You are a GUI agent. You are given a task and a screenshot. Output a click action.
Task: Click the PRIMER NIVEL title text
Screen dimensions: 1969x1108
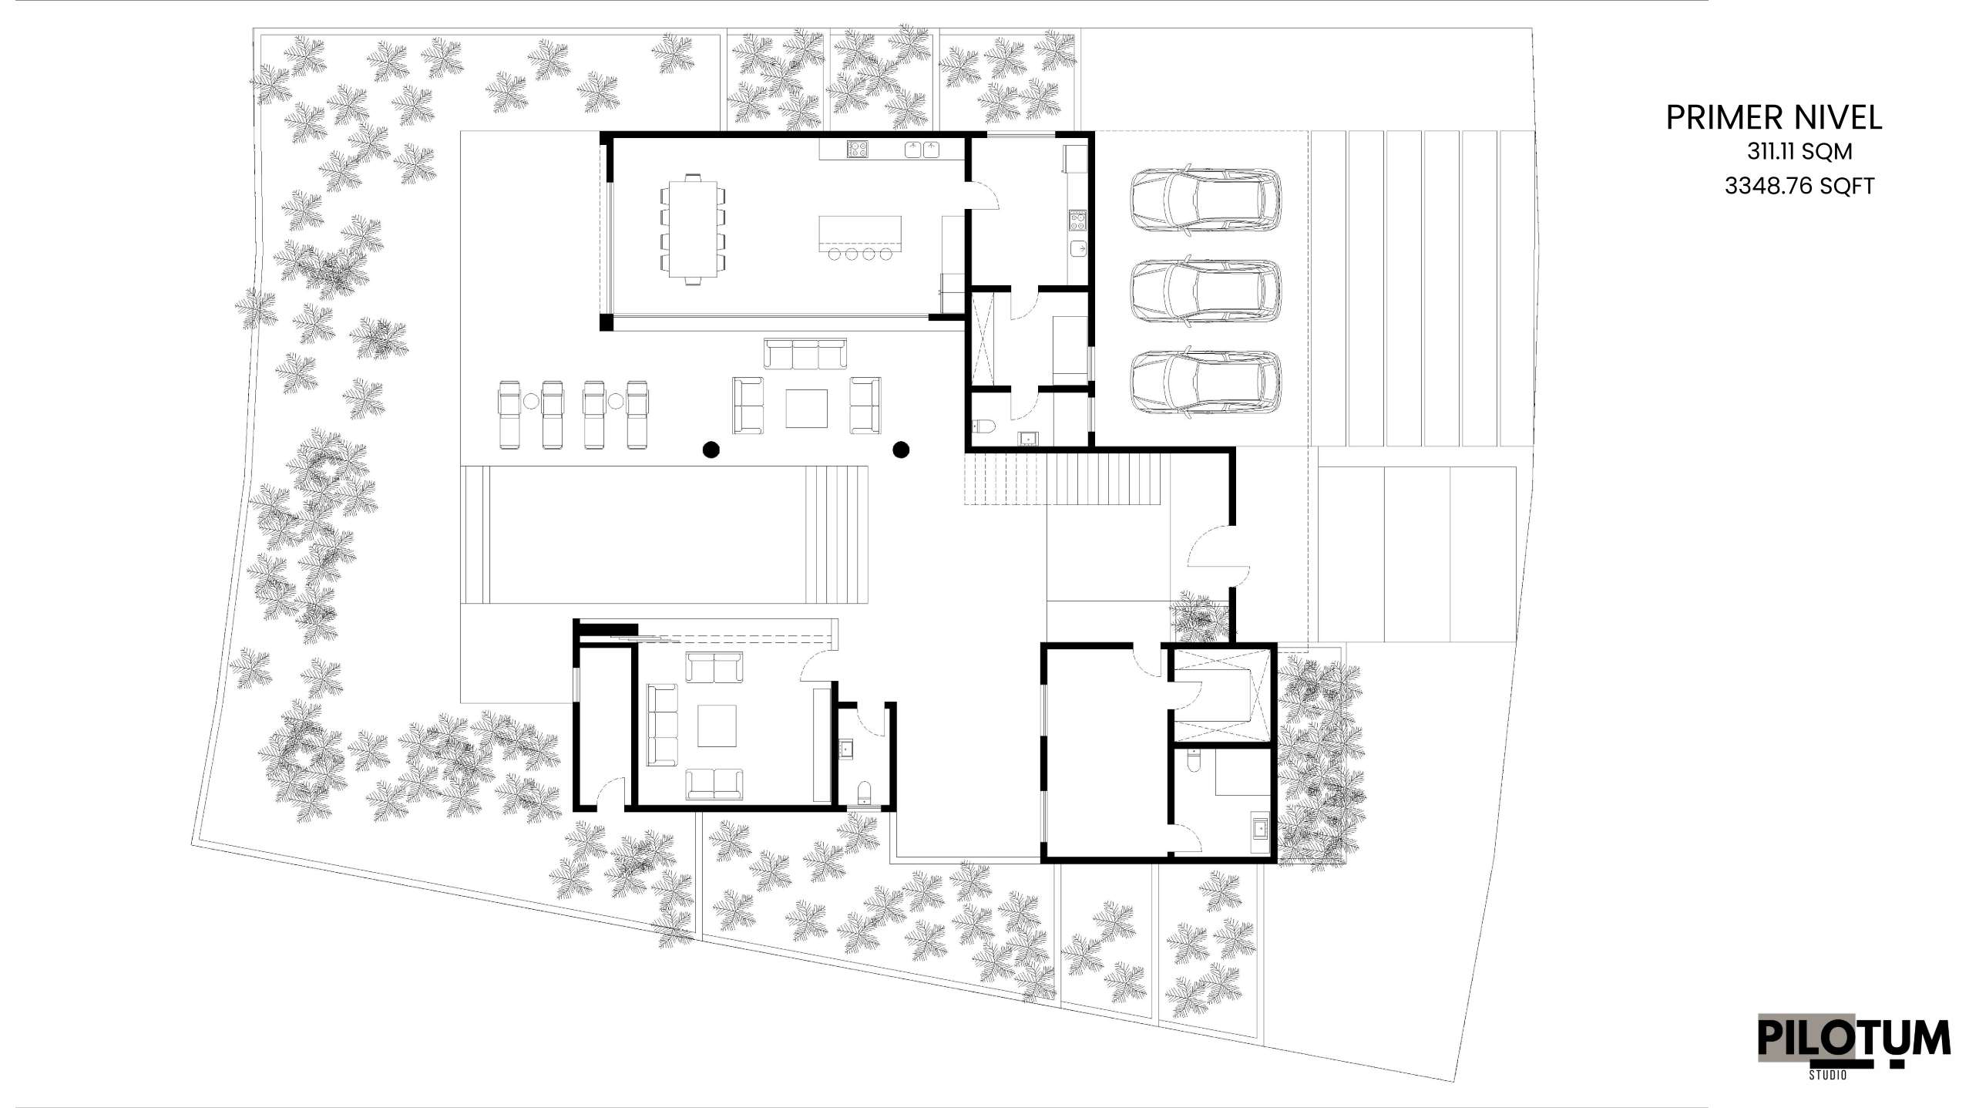(x=1774, y=118)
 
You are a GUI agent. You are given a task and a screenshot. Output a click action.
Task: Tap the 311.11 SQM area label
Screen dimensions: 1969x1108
(x=1799, y=152)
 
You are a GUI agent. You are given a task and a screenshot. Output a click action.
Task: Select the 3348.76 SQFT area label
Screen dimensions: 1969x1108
(x=1799, y=186)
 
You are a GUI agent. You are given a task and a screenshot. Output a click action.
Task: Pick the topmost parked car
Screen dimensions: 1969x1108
(x=1205, y=199)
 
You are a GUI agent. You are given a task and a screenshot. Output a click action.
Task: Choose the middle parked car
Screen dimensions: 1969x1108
(x=1205, y=291)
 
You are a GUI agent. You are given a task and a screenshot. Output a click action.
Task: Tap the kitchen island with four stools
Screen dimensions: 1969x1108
(x=859, y=237)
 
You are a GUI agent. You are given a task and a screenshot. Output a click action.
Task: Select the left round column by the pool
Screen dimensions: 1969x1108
(x=711, y=450)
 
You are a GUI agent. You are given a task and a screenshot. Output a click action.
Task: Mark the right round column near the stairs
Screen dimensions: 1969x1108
(x=900, y=450)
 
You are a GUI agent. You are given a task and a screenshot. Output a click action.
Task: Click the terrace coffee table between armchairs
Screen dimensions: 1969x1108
(x=806, y=408)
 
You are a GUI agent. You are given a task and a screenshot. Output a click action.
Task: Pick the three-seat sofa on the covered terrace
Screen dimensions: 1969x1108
(x=805, y=353)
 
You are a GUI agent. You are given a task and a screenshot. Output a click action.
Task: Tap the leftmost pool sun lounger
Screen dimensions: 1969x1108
(x=511, y=414)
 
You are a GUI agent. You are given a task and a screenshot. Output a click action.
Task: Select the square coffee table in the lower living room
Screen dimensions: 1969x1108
(x=717, y=726)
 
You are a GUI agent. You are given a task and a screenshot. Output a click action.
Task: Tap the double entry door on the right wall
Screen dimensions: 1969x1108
(x=1218, y=556)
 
